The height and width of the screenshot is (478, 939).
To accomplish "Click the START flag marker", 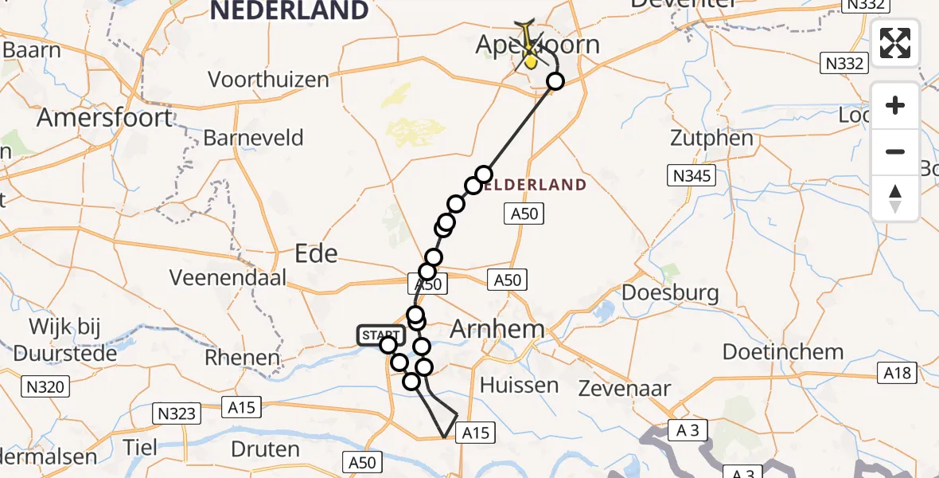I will click(x=381, y=335).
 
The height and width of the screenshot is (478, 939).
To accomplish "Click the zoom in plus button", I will click(x=895, y=106).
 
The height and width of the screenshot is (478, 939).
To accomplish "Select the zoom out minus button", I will click(x=895, y=151).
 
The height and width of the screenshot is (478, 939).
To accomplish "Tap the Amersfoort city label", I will click(x=104, y=118).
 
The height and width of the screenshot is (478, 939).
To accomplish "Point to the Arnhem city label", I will click(x=497, y=328).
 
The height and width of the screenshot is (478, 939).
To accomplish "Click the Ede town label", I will click(x=316, y=253).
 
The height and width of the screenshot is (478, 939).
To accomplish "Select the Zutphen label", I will click(x=712, y=138).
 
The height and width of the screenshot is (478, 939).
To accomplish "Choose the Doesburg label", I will click(x=670, y=292).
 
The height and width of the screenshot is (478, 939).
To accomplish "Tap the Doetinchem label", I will click(x=783, y=351).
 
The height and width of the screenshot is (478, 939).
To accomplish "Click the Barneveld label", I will click(x=253, y=138).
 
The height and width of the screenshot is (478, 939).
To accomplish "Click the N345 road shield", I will click(x=692, y=175).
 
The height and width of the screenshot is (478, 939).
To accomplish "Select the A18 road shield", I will click(x=898, y=371).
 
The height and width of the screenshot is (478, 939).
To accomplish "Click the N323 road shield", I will click(x=176, y=413).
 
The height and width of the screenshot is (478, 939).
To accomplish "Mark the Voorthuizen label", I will click(x=268, y=80).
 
